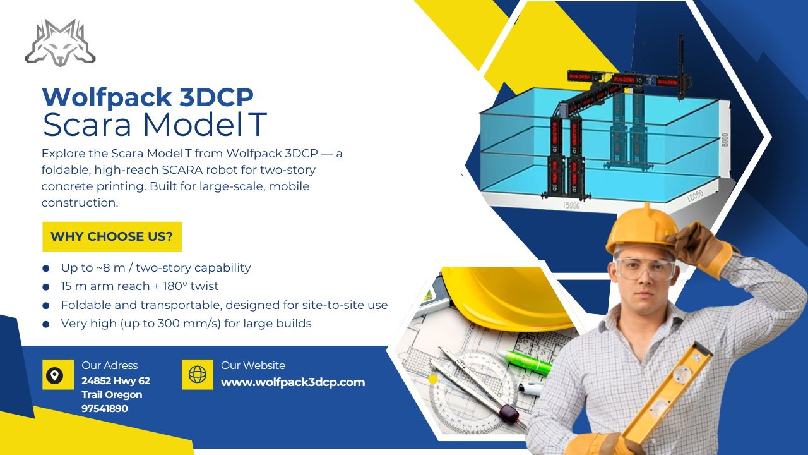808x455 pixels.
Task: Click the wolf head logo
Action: click(x=60, y=43)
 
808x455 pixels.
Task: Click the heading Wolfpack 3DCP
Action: click(x=148, y=97)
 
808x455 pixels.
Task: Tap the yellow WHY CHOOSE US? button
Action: click(x=112, y=236)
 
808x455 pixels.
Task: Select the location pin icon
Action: click(x=54, y=375)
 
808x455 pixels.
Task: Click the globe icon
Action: click(x=198, y=375)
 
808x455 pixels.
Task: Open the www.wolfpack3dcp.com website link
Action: click(x=293, y=382)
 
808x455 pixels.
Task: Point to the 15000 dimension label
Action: click(x=571, y=205)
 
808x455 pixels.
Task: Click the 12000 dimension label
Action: click(x=695, y=196)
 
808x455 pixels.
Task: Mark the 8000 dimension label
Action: click(x=725, y=140)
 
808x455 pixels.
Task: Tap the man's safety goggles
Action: click(x=644, y=268)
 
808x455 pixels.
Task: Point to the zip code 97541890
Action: click(x=105, y=409)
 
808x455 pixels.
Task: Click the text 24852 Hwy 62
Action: click(x=116, y=381)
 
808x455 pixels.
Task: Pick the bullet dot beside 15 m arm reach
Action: click(x=46, y=287)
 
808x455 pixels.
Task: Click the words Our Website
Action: click(x=253, y=365)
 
